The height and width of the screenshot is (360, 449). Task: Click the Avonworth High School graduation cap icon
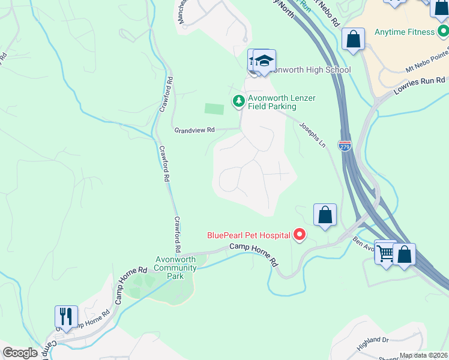[x=264, y=61]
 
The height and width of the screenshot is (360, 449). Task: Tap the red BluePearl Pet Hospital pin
[x=299, y=235]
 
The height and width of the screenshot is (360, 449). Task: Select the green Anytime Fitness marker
[x=442, y=32]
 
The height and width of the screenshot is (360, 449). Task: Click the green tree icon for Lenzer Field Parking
[x=239, y=101]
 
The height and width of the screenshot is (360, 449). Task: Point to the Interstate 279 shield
[x=345, y=146]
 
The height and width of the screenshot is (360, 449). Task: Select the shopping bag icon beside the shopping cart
[x=405, y=254]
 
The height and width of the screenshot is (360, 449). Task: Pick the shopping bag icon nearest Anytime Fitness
[x=354, y=40]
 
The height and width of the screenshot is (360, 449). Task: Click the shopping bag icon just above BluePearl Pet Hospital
[x=325, y=215]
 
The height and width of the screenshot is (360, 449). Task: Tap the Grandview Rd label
[x=194, y=130]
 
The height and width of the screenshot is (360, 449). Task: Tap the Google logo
[x=20, y=353]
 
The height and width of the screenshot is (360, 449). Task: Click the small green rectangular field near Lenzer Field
[x=214, y=109]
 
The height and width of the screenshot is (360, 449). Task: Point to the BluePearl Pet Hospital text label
[x=248, y=236]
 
